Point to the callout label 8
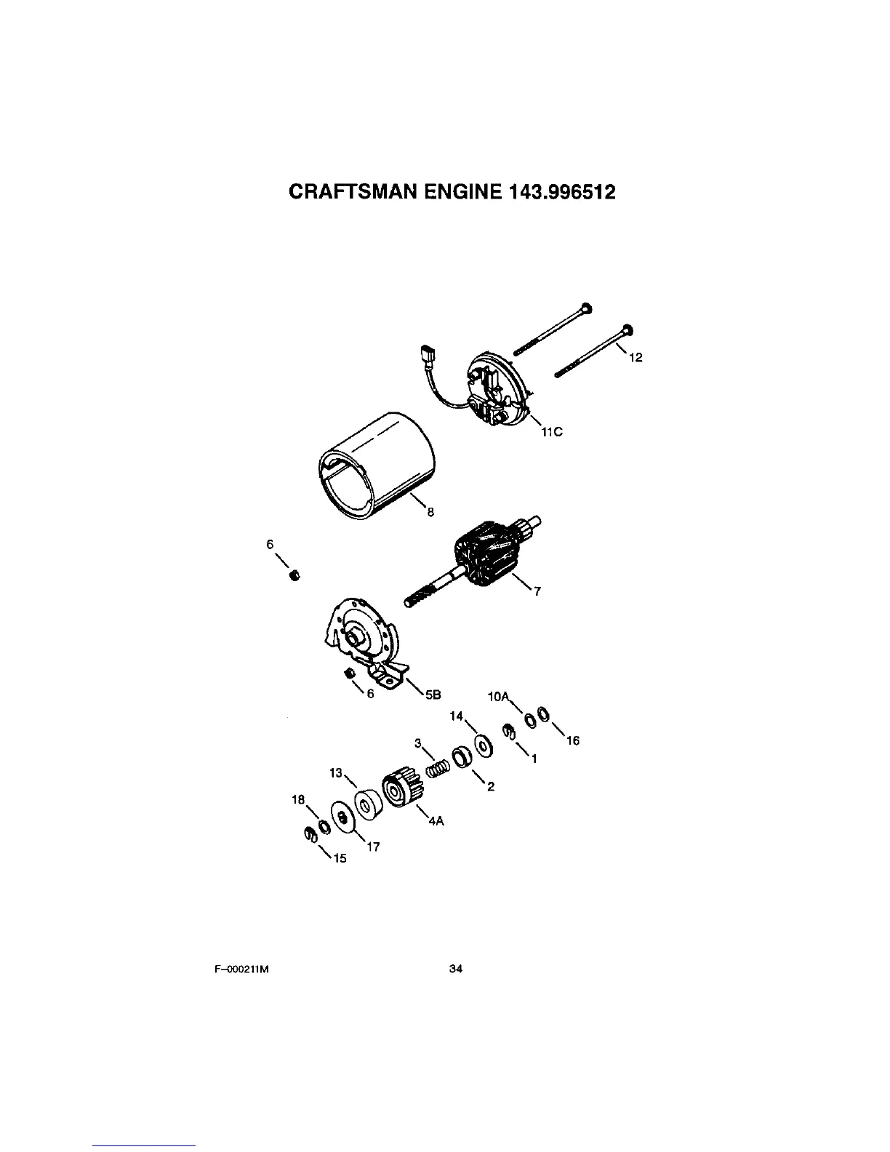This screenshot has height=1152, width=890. [x=430, y=512]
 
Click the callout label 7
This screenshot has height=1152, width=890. [x=537, y=591]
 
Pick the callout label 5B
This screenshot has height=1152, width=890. [x=433, y=694]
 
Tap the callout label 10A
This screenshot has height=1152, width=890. [x=498, y=696]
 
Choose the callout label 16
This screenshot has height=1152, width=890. [x=572, y=740]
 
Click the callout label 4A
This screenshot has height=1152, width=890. [x=436, y=820]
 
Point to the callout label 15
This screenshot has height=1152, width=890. [x=340, y=858]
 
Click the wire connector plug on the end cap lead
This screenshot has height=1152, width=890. [x=428, y=359]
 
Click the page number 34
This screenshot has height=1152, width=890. [x=457, y=969]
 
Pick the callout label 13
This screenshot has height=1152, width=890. [x=336, y=773]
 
